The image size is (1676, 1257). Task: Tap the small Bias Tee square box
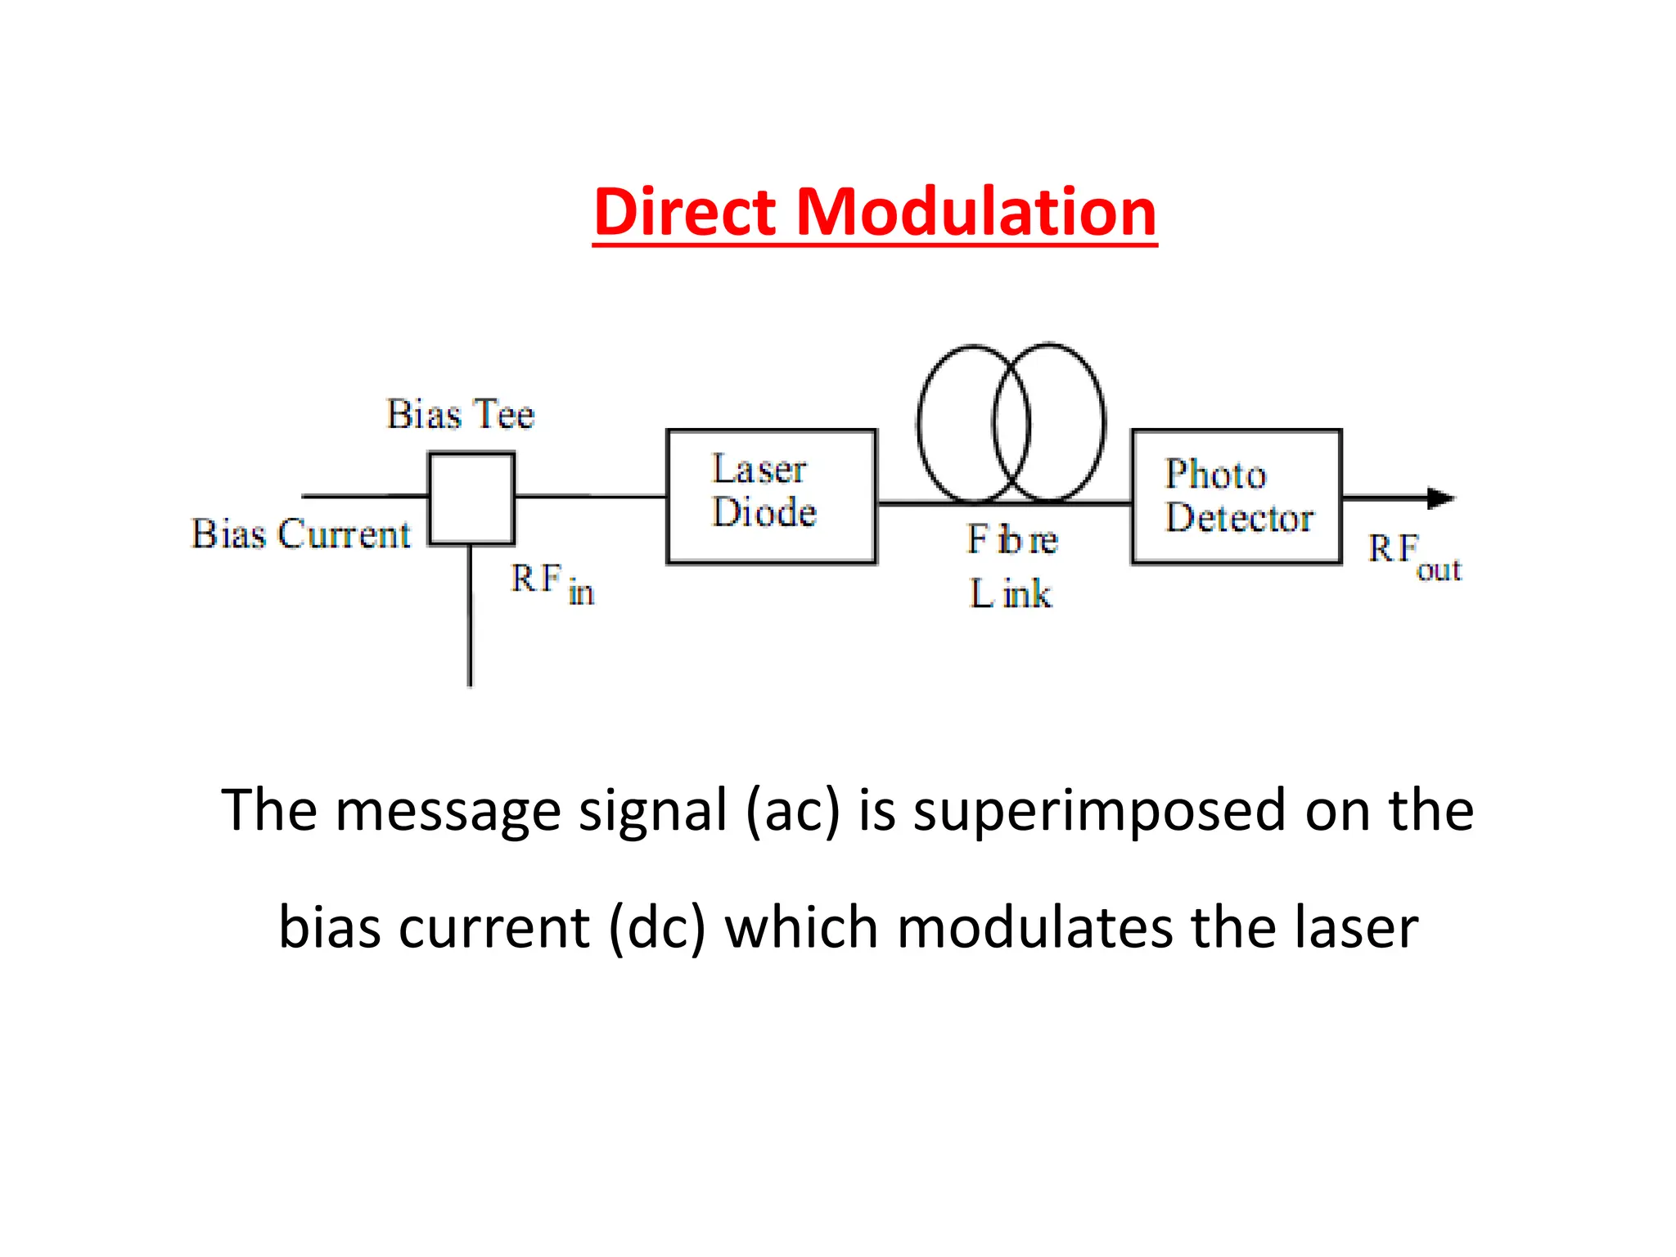471,498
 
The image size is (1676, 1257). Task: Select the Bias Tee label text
460,414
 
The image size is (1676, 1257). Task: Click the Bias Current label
300,534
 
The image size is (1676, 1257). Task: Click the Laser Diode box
771,496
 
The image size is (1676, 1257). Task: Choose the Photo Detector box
1236,496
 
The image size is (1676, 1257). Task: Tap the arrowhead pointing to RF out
1439,498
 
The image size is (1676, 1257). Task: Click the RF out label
1414,556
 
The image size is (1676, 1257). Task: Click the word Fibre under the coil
1012,540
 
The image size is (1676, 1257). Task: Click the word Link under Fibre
1011,593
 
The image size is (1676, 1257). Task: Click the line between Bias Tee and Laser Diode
590,496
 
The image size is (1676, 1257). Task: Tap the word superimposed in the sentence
1099,810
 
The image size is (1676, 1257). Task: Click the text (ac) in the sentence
792,810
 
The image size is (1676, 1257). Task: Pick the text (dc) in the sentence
656,927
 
